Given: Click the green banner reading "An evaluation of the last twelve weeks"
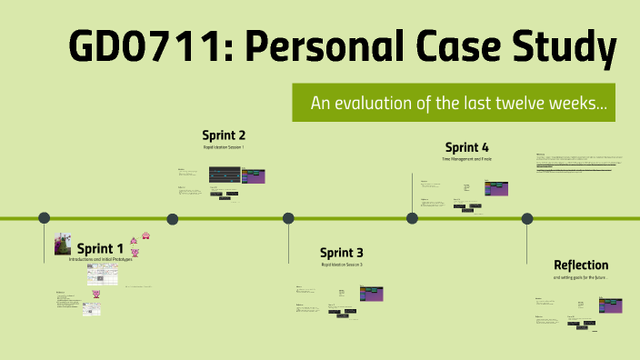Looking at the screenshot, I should point(459,104).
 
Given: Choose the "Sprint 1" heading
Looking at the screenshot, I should point(100,248).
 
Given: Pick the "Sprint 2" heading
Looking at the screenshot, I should point(224,135).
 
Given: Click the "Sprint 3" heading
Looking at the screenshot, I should point(342,252).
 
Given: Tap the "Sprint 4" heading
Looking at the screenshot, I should point(467,147).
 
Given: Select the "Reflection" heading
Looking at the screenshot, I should point(581,265).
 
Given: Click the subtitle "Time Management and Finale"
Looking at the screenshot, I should point(467,159).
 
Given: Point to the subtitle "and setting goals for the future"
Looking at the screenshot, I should point(579,276).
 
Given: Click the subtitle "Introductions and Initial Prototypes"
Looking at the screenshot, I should point(100,259).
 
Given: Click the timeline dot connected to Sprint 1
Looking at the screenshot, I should point(44,218).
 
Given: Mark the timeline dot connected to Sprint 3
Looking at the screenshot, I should point(288,218).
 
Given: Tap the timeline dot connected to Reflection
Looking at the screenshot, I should point(527,218).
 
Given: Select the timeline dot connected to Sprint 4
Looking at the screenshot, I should point(412,218).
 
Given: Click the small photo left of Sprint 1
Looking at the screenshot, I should point(63,244).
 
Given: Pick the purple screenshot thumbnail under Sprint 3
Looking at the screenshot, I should point(371,294).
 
